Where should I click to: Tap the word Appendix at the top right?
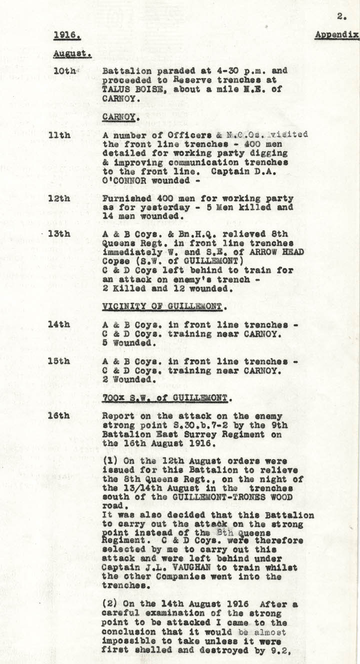tap(336, 35)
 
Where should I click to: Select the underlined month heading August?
tap(72, 54)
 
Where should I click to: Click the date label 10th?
tap(64, 72)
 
